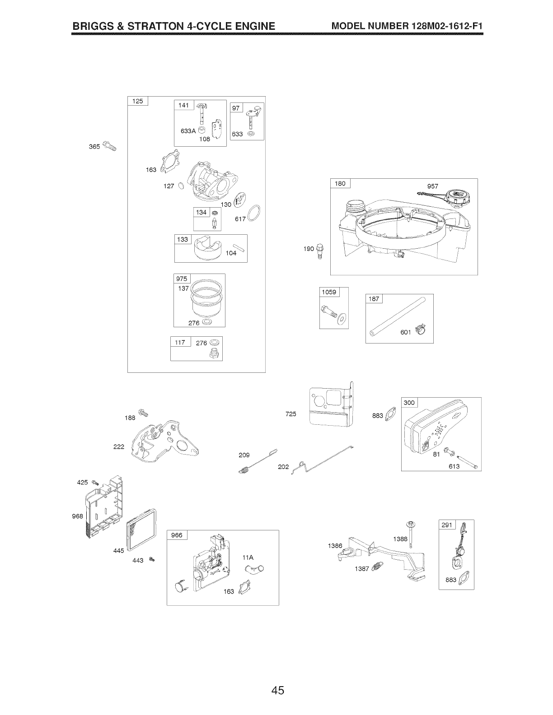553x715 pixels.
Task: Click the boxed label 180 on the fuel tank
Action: pos(340,183)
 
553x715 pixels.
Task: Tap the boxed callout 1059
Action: pos(329,292)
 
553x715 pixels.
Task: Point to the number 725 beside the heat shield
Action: pos(291,413)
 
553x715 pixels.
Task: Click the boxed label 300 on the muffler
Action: pos(409,403)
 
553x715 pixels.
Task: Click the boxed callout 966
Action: pos(177,535)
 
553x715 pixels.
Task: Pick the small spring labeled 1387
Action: pos(377,566)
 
